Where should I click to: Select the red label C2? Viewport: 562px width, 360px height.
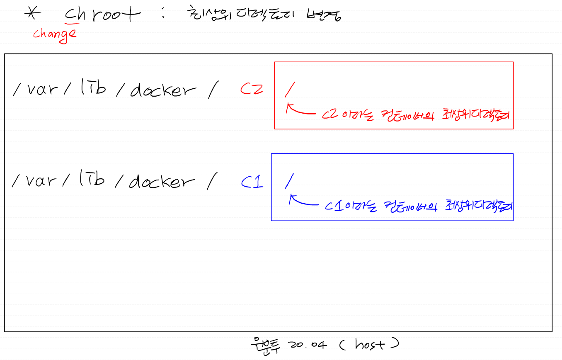(252, 89)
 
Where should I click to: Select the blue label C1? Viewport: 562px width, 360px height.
(252, 182)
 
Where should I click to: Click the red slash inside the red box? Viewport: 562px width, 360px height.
(290, 88)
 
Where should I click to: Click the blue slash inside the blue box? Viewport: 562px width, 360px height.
(290, 180)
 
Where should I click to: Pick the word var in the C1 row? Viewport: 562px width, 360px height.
(41, 181)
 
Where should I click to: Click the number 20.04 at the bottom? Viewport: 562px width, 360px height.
(305, 345)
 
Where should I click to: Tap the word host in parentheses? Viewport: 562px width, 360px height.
(370, 344)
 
